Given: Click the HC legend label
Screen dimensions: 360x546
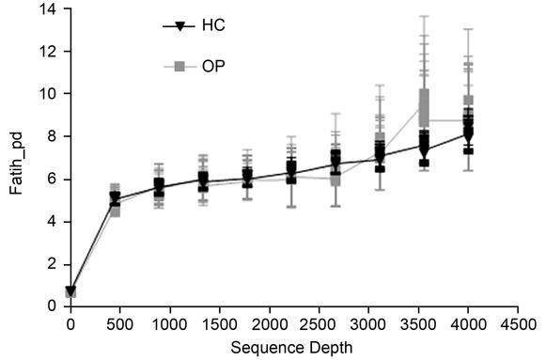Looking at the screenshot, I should pos(213,25).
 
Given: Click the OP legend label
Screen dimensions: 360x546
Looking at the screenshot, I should pos(213,68).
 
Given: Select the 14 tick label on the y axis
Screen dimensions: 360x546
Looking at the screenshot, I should pos(50,9).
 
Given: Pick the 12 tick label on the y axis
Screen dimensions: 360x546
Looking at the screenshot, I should pos(50,52).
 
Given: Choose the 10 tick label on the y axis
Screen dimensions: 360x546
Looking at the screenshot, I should pos(50,94).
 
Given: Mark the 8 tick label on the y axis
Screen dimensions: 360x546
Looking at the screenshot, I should pos(54,136).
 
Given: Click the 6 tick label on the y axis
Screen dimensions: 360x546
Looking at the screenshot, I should pos(54,179).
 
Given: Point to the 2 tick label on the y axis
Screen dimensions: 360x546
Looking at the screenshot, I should pos(54,264).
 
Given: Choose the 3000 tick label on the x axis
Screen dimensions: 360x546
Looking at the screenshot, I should pos(369,324).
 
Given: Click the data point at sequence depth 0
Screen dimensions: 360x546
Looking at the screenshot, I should pos(71,292).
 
